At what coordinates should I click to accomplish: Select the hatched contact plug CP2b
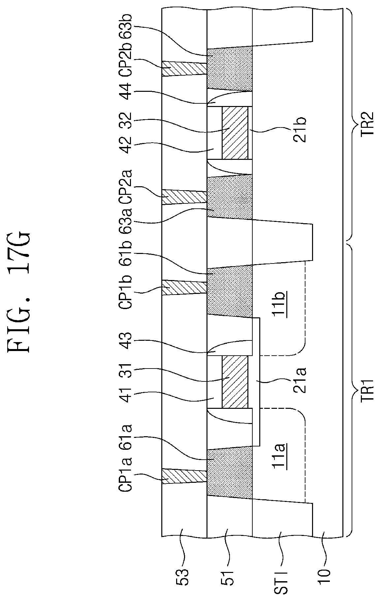coord(184,69)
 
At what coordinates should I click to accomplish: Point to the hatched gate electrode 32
coord(235,133)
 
